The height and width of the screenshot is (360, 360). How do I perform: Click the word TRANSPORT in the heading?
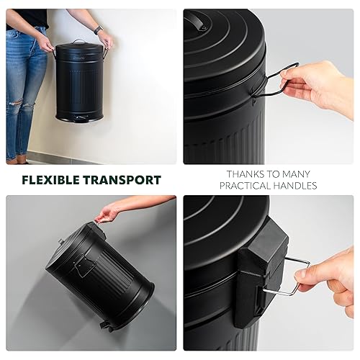coord(122,180)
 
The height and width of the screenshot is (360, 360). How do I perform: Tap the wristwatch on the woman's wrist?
coord(99,30)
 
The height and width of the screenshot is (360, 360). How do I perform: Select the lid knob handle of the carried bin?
coord(78,42)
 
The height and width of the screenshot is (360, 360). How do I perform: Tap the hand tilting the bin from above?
coord(106,213)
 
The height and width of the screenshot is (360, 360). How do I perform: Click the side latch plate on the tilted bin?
coord(84,265)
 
